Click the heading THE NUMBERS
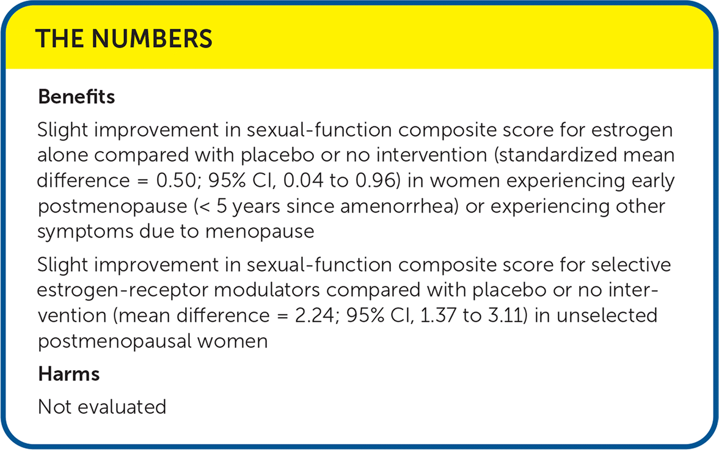tap(124, 38)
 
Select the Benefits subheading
tap(76, 96)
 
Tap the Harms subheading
tap(69, 374)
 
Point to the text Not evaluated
tap(102, 407)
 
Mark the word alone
tap(63, 155)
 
